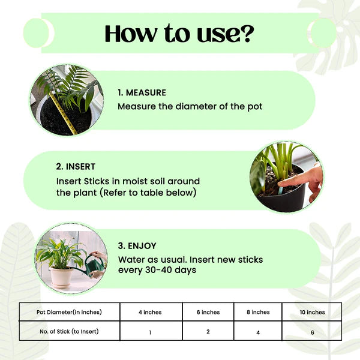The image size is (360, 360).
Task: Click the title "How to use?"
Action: pos(179,34)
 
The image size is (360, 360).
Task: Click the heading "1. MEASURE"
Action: pos(142,93)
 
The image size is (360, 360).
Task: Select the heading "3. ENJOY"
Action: pos(137,245)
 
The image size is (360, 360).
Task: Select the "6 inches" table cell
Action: pos(208,312)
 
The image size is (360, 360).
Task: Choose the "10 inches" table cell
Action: pos(312,312)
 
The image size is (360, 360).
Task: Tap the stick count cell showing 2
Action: pos(208,331)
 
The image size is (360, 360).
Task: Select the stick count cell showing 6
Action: pos(312,331)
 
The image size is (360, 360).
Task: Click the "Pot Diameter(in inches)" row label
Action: pos(69,312)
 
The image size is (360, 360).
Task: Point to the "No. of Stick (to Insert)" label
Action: pos(69,331)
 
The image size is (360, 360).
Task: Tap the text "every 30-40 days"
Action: pos(158,271)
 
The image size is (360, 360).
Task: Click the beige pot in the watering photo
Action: pos(62,277)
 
